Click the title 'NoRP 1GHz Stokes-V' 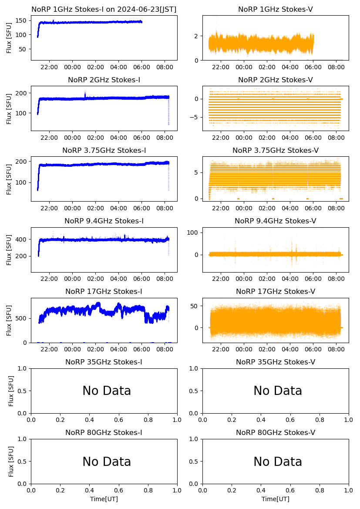tap(275, 10)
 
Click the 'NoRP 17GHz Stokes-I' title tap(104, 292)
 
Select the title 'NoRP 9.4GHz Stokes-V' tap(275, 221)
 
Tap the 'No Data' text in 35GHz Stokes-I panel tap(107, 391)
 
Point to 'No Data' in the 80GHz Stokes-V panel tap(278, 462)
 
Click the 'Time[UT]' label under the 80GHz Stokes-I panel tap(104, 499)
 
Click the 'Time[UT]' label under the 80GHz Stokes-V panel tap(275, 499)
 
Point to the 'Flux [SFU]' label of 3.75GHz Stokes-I tap(9, 179)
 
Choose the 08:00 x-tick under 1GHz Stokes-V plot tap(336, 67)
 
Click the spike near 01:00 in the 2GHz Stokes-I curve tap(85, 93)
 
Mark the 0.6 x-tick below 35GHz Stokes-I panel tap(119, 420)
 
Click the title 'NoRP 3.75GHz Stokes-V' tap(275, 151)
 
